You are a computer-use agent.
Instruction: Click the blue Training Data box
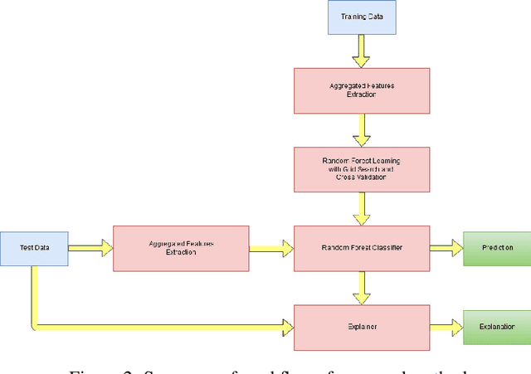coord(361,17)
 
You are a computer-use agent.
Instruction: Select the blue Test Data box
coord(34,247)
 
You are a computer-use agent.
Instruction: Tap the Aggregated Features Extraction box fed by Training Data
coord(362,90)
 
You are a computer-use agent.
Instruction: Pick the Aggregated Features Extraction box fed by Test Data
coord(180,247)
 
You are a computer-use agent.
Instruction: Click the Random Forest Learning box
coord(362,168)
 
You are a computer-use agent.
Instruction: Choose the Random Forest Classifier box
coord(362,247)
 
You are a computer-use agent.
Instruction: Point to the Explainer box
coord(362,326)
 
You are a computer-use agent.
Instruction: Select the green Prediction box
coord(495,247)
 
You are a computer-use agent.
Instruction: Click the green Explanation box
coord(495,326)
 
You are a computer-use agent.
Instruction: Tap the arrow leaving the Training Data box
coord(361,51)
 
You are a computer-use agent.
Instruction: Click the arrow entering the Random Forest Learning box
coord(362,129)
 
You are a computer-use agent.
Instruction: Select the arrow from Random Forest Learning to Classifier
coord(362,208)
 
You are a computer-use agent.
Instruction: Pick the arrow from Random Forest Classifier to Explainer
coord(362,287)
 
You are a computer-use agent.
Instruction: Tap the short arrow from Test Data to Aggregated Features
coord(90,247)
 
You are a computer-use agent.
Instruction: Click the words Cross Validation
coord(362,177)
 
